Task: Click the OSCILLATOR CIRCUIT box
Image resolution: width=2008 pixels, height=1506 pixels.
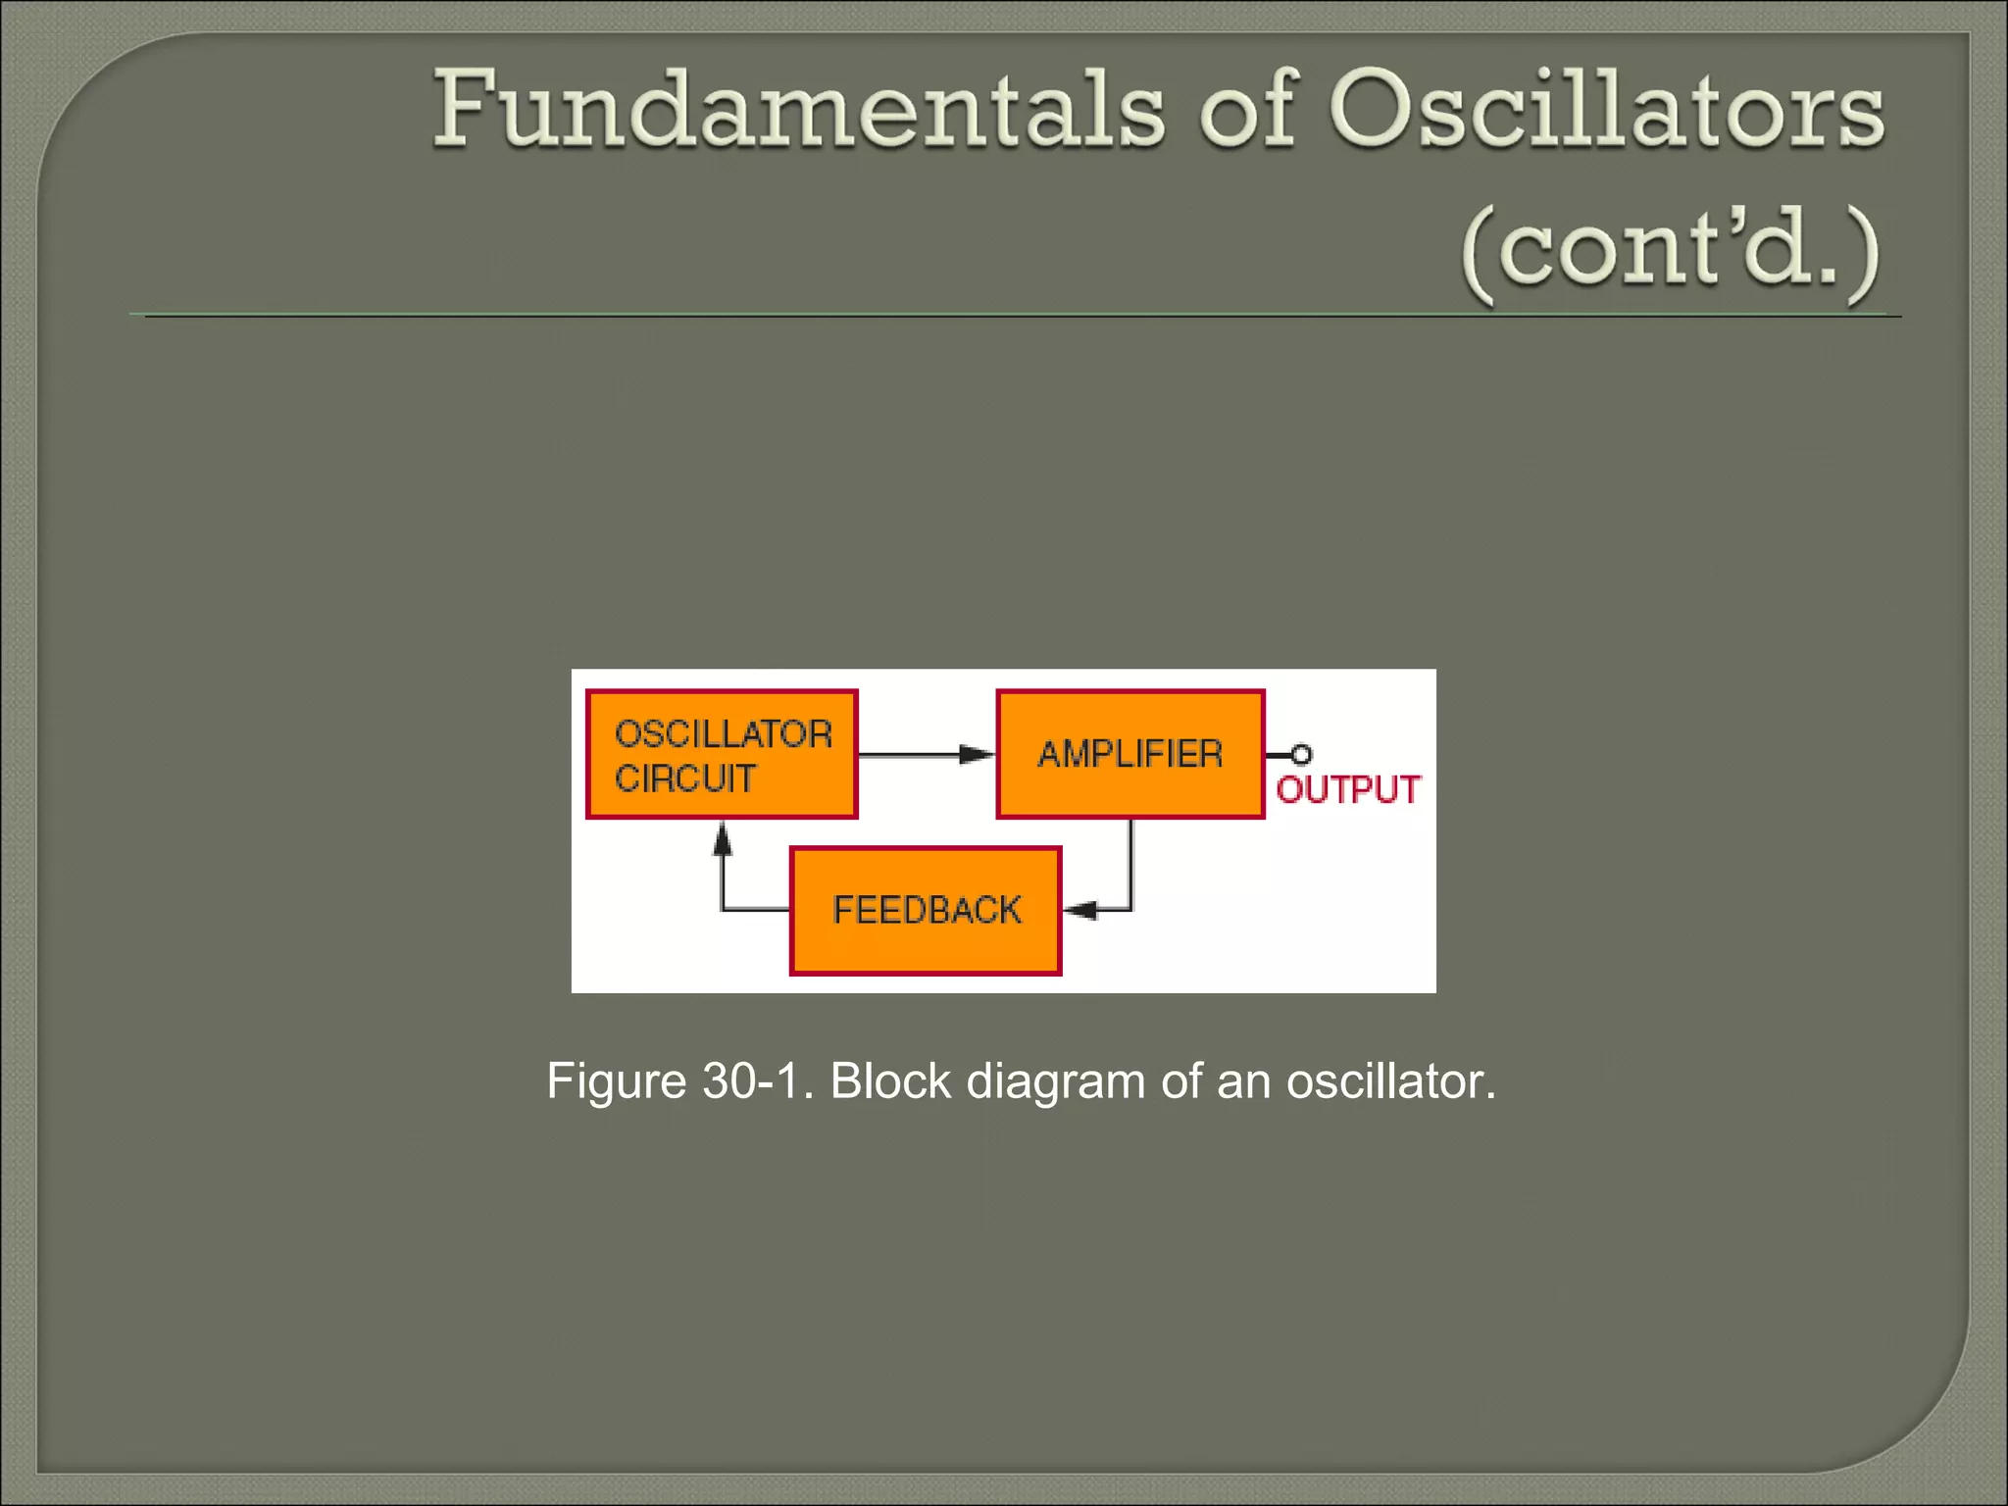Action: [x=722, y=754]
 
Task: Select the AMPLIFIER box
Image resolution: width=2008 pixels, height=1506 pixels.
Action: [x=1129, y=754]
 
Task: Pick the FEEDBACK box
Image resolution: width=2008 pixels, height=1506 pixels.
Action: [x=926, y=910]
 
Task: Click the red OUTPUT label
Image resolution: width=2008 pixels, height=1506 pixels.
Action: [x=1348, y=789]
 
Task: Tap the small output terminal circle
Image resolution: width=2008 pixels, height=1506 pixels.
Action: [x=1301, y=754]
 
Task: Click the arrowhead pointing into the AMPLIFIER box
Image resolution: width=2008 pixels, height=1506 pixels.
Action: [x=977, y=754]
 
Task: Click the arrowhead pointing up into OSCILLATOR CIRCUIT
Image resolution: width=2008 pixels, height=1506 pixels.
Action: [x=723, y=838]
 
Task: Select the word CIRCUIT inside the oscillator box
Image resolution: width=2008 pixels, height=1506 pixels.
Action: [x=684, y=778]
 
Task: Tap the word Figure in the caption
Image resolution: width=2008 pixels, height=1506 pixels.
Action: [x=616, y=1080]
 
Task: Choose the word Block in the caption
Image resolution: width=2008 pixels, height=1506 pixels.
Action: [x=889, y=1080]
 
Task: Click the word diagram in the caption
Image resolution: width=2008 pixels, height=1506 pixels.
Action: [x=1055, y=1080]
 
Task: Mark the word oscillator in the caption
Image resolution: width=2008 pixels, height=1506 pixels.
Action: [x=1389, y=1080]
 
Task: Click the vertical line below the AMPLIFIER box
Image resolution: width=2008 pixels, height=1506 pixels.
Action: [x=1130, y=863]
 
